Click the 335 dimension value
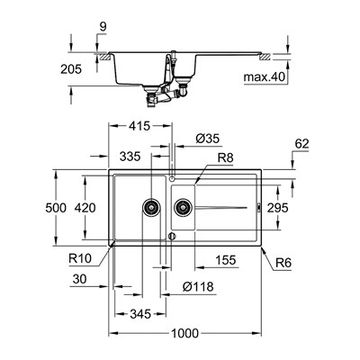tap(130, 157)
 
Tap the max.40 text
tap(267, 77)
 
